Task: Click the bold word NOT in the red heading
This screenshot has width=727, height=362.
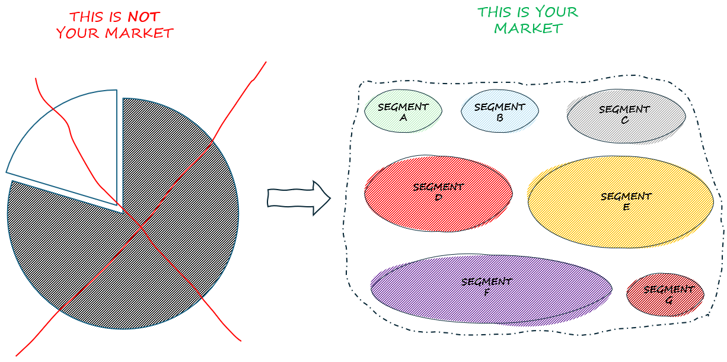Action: (144, 17)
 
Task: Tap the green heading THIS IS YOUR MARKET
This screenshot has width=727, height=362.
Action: (527, 20)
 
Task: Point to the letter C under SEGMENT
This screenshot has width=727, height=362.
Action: (624, 120)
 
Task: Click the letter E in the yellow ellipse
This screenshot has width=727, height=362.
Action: (626, 207)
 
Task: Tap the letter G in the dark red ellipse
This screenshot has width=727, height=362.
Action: (669, 300)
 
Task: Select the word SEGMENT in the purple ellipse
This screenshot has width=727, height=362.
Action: (486, 281)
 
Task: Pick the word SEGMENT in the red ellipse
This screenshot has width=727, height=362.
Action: (438, 187)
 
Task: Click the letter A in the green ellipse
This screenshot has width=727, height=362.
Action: (403, 117)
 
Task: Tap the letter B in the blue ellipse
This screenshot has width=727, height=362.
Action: (500, 117)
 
